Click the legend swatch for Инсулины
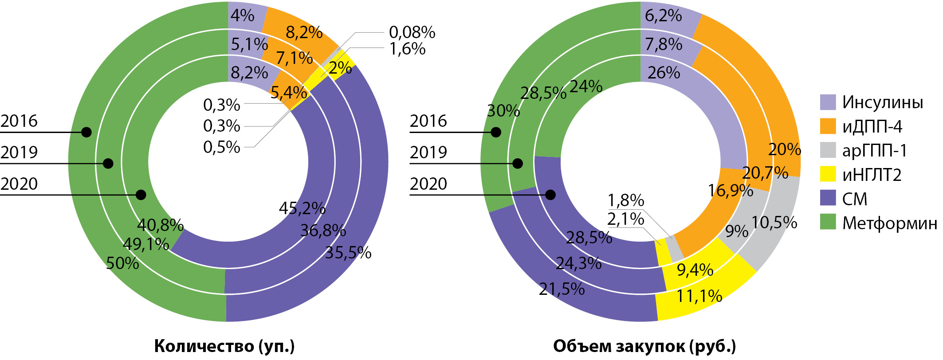(x=828, y=102)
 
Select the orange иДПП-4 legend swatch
(x=828, y=126)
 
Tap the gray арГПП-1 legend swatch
(x=828, y=150)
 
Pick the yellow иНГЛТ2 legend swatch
(x=828, y=174)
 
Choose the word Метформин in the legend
(x=889, y=223)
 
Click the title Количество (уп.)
(x=224, y=346)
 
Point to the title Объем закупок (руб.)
(x=644, y=346)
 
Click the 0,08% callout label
(x=412, y=32)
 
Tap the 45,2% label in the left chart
(x=302, y=208)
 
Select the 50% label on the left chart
(x=122, y=263)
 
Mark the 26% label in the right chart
(x=664, y=73)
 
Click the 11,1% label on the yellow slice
(x=699, y=296)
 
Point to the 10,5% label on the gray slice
(x=774, y=223)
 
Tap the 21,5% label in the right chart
(x=562, y=289)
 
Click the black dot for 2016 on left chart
(x=86, y=132)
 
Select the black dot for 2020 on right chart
(x=550, y=195)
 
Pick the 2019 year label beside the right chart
(x=428, y=153)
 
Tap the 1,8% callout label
(x=625, y=200)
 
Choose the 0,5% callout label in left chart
(x=221, y=147)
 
